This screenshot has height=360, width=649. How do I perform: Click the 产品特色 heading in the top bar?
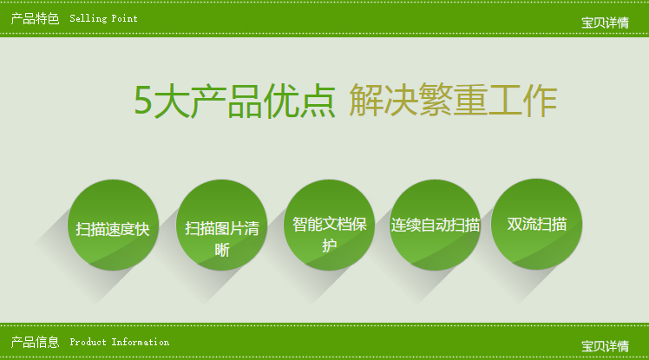tap(36, 18)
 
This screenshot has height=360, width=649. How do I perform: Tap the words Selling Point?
tap(103, 18)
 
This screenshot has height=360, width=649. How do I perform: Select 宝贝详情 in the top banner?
tap(605, 23)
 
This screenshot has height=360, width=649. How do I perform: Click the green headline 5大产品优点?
tap(234, 101)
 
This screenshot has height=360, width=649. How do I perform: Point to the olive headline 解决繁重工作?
tap(453, 100)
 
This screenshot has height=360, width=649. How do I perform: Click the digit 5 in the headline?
tap(143, 100)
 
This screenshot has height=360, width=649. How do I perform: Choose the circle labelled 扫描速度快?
tap(113, 225)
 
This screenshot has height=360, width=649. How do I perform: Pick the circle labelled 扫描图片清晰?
tap(221, 225)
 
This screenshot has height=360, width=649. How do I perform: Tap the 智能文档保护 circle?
tap(329, 225)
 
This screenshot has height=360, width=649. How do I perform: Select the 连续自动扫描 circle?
tap(435, 225)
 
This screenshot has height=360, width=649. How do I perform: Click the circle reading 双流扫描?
tap(536, 225)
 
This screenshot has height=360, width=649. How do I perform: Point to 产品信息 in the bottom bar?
tap(36, 342)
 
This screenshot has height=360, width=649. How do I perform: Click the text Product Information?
tap(119, 342)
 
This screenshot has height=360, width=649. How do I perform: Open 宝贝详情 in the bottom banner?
tap(605, 346)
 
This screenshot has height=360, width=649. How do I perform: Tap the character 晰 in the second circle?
tap(222, 250)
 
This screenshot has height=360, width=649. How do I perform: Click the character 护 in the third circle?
tap(329, 245)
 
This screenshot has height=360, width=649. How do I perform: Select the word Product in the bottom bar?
tap(88, 342)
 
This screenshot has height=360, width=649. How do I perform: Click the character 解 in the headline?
tap(366, 100)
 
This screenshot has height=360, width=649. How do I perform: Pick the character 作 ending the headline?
tap(541, 100)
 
